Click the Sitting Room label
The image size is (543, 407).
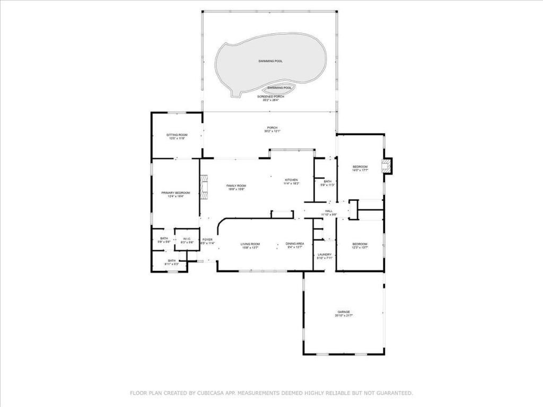click(x=176, y=135)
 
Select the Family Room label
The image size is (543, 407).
click(x=237, y=185)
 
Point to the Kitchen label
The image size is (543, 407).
click(x=291, y=180)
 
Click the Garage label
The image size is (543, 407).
click(x=344, y=312)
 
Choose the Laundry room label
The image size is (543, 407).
click(x=325, y=255)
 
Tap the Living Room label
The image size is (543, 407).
click(x=250, y=244)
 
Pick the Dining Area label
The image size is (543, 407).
click(x=295, y=244)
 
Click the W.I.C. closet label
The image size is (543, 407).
click(x=187, y=239)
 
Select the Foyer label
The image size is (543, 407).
click(x=207, y=240)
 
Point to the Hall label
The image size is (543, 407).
click(x=329, y=211)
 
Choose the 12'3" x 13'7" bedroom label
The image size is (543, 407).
click(x=360, y=244)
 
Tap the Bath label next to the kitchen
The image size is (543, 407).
click(x=327, y=181)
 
